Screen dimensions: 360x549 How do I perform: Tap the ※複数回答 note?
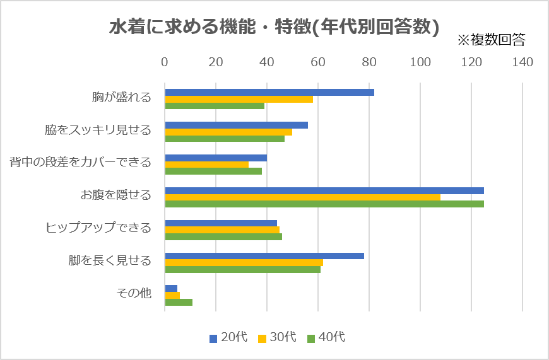[x=491, y=40]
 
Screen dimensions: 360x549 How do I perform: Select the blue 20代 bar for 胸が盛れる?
[x=269, y=92]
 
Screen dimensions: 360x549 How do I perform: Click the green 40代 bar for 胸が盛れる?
[x=215, y=106]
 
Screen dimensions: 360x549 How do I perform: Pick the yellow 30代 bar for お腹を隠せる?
[x=302, y=197]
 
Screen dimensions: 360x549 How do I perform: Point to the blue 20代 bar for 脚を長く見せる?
[x=264, y=256]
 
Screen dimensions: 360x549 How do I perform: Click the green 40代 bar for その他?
[x=179, y=302]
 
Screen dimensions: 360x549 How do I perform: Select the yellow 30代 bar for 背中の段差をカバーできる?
[x=206, y=165]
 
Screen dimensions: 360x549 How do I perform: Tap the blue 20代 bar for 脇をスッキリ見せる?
[x=236, y=125]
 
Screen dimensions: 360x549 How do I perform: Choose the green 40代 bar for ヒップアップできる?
[x=223, y=237]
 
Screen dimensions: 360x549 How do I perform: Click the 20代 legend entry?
[x=228, y=337]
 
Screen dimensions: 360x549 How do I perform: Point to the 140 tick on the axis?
[x=522, y=62]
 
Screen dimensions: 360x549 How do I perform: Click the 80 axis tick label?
[x=369, y=62]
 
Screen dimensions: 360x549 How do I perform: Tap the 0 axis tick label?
[x=165, y=62]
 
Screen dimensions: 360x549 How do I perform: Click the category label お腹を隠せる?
[x=115, y=195]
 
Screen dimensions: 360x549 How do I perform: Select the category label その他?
[x=134, y=293]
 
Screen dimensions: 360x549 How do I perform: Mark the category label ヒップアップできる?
[x=98, y=228]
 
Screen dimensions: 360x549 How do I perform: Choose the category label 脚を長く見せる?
[x=110, y=260]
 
